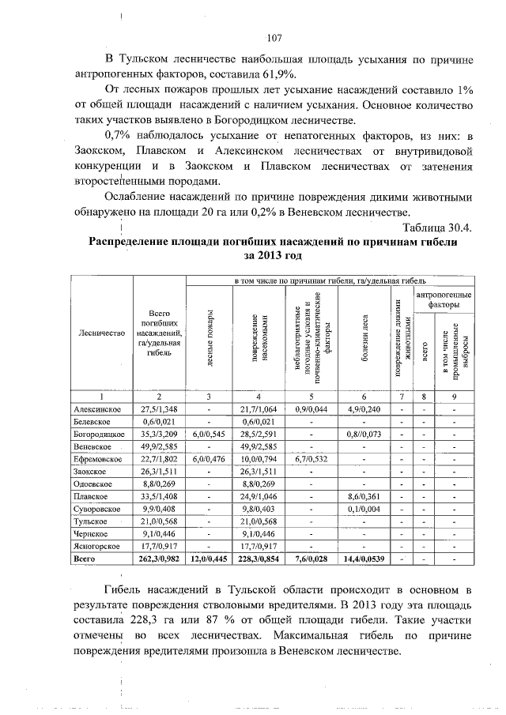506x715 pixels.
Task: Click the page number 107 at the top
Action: [x=274, y=38]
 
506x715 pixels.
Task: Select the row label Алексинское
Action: [x=96, y=409]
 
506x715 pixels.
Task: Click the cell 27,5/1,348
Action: [x=159, y=409]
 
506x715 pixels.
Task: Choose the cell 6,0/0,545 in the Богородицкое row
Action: [x=210, y=435]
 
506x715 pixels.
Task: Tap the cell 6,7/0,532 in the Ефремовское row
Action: [x=312, y=459]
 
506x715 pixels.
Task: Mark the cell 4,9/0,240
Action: [x=363, y=409]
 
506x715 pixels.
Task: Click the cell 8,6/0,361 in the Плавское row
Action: [x=363, y=496]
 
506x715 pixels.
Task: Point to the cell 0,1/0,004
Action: [x=363, y=509]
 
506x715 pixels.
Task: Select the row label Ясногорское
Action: [x=96, y=546]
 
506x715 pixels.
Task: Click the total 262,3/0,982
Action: [x=159, y=559]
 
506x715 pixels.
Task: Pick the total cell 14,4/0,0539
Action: [x=363, y=559]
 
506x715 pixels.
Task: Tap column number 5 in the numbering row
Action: [x=312, y=396]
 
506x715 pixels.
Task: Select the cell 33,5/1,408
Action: [x=159, y=496]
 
